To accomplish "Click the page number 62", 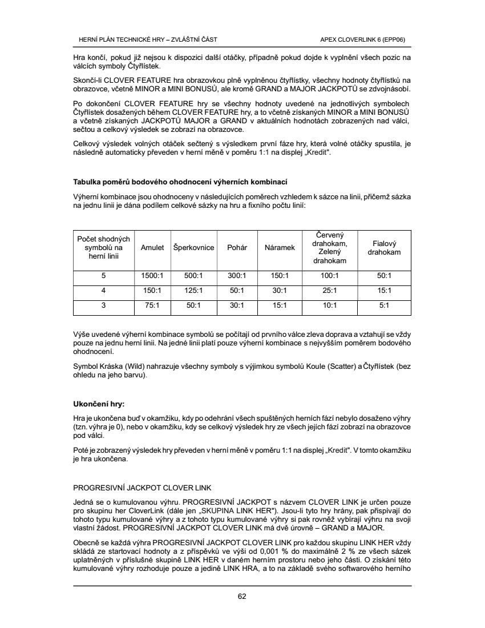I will [x=242, y=597].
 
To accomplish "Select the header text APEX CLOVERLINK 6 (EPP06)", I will [x=366, y=39].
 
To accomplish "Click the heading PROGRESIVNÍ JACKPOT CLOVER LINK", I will [x=142, y=488].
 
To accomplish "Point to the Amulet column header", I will [x=152, y=248].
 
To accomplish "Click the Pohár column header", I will [x=237, y=248].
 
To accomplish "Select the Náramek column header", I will [x=280, y=248].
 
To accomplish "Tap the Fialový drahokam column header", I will [x=384, y=248].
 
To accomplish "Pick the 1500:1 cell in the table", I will [x=152, y=276].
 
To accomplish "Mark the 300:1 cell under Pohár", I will [x=237, y=276].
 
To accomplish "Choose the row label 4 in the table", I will [x=103, y=291].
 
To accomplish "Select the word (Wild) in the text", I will [x=133, y=366].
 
